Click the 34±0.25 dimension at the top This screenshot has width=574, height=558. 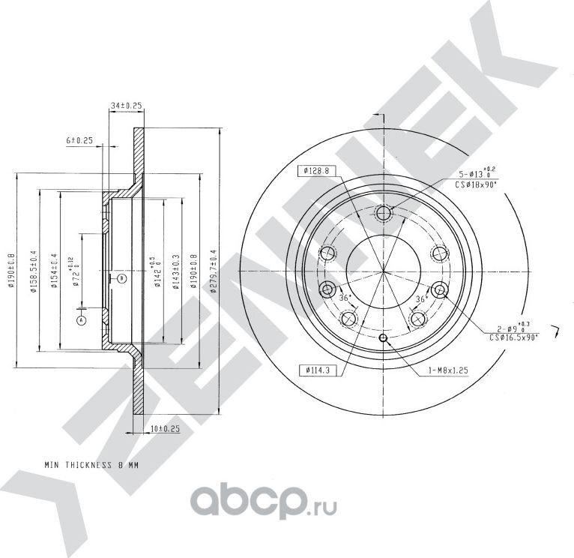[x=126, y=106]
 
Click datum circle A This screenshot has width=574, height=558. [x=82, y=319]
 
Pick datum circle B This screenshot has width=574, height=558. [x=121, y=278]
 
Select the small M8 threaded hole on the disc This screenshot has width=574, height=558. [x=383, y=337]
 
